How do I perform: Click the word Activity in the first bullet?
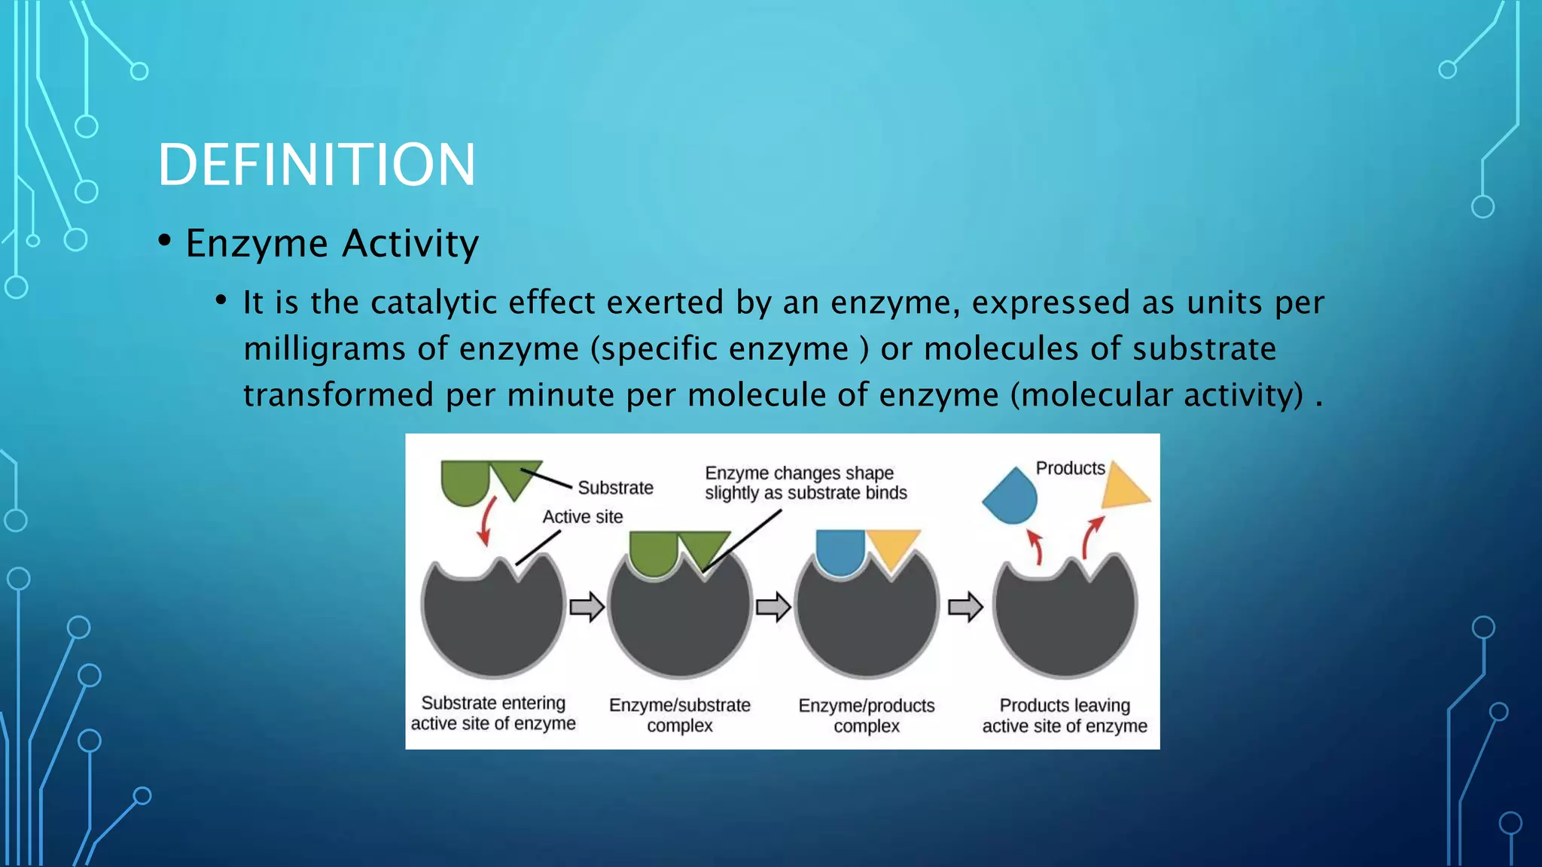410,243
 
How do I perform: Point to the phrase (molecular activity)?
1156,395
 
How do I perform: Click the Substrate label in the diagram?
615,488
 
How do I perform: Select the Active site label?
583,517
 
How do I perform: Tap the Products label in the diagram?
1070,468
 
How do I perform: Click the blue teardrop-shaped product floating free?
1012,497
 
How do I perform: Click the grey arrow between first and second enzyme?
587,607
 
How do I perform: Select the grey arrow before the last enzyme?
965,607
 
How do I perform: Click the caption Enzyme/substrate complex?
679,715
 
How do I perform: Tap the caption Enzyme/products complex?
866,715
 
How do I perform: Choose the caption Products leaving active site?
1064,715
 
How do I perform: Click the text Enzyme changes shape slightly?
805,482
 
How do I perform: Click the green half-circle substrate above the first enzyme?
465,482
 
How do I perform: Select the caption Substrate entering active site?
493,713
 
